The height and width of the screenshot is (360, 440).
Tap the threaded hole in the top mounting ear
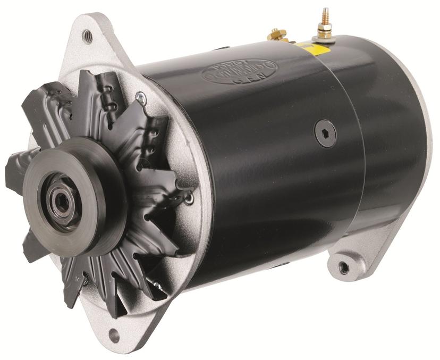tap(88, 36)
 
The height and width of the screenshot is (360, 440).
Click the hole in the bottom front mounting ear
tap(113, 336)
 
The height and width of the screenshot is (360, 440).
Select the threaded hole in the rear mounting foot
tap(343, 266)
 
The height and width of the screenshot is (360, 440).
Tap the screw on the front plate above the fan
tap(141, 97)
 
